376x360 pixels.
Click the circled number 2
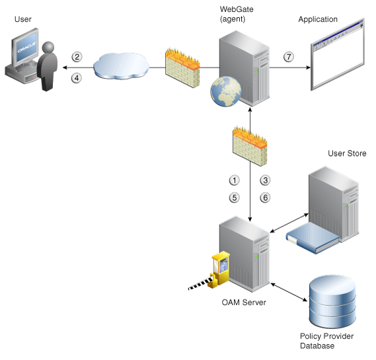pyautogui.click(x=77, y=57)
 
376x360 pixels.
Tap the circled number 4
pyautogui.click(x=77, y=77)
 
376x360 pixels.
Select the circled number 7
pyautogui.click(x=288, y=57)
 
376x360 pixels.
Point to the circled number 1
pyautogui.click(x=233, y=180)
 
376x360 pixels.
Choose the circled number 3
pyautogui.click(x=266, y=180)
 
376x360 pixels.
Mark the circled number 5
pyautogui.click(x=233, y=197)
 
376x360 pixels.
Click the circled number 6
pyautogui.click(x=266, y=197)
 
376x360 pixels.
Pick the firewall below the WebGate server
pyautogui.click(x=249, y=146)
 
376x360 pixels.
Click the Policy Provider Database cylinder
pyautogui.click(x=332, y=303)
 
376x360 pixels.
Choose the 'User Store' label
pyautogui.click(x=347, y=153)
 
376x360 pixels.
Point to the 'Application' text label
pyautogui.click(x=318, y=20)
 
